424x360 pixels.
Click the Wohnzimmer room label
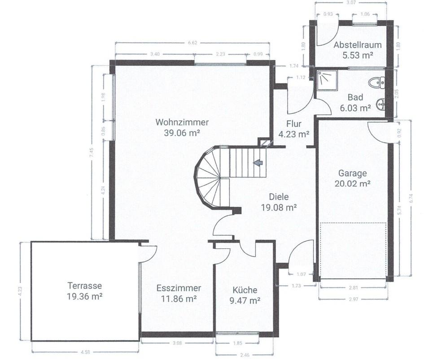[182, 122]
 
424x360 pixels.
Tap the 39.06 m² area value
[182, 133]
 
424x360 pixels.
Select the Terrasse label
[85, 286]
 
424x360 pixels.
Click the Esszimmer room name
[179, 288]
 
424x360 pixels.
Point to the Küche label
[245, 290]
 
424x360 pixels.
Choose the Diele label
[279, 197]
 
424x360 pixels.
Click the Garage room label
[353, 173]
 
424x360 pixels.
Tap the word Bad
[355, 97]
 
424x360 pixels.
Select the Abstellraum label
[358, 45]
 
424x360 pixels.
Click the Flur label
[294, 124]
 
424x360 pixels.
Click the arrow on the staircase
[258, 163]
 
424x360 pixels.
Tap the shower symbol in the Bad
[327, 80]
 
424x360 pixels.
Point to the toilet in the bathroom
[378, 82]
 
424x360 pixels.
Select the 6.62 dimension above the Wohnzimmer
[192, 43]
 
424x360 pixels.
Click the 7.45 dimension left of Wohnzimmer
[92, 152]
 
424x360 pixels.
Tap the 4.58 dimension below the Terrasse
[85, 352]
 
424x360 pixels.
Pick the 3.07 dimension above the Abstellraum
[351, 2]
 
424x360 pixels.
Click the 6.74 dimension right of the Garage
[411, 198]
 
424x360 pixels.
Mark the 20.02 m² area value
[353, 184]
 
